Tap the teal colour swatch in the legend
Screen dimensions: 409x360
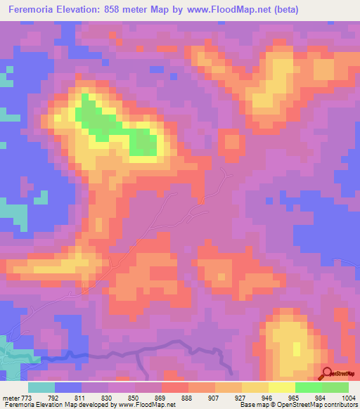coord(41,387)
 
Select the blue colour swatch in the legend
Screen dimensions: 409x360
coord(68,387)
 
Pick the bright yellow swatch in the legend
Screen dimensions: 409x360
coord(281,387)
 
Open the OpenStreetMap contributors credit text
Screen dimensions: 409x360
coord(323,405)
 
